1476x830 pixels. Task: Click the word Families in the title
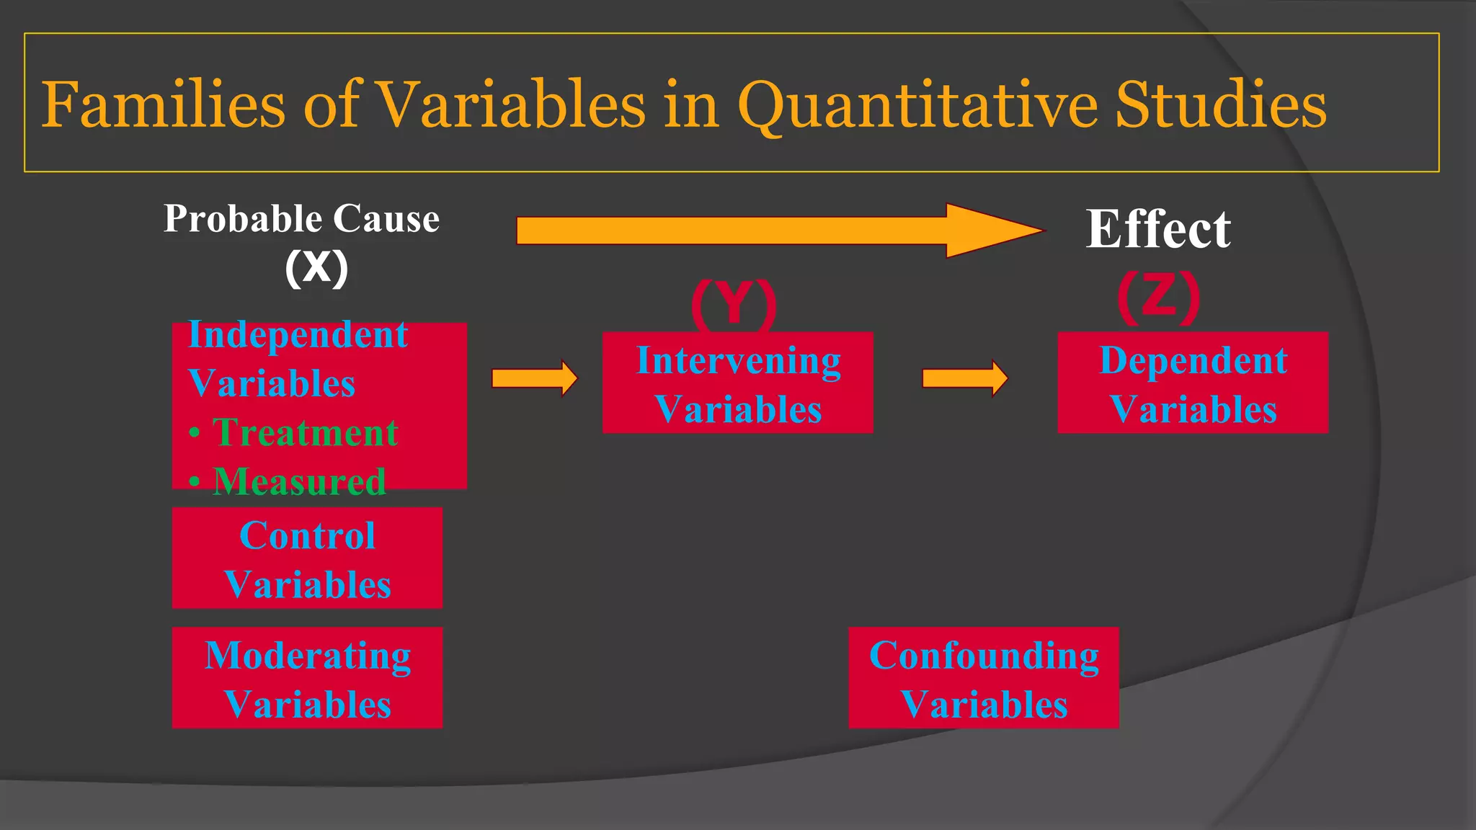click(163, 105)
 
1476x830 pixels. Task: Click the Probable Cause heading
click(301, 219)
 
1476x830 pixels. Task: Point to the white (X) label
click(316, 268)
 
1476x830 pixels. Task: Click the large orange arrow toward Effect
click(778, 231)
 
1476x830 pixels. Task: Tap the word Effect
click(1158, 229)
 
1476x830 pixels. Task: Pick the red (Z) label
click(1158, 297)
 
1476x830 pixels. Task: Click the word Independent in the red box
click(298, 335)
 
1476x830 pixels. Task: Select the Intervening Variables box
click(737, 383)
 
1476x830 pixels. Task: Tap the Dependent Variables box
click(1193, 383)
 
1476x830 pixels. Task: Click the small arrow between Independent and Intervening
click(534, 378)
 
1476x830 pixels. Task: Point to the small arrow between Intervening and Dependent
click(964, 378)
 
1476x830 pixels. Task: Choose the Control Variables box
click(307, 558)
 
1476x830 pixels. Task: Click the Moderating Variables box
click(307, 678)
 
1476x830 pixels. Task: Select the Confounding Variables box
click(983, 678)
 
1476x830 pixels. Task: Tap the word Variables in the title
click(511, 105)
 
